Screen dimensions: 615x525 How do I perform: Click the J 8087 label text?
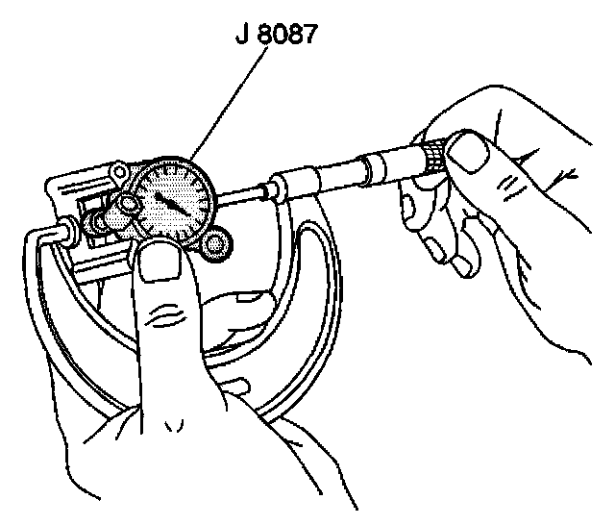pos(276,36)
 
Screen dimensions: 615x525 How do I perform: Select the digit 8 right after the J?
pos(258,36)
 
